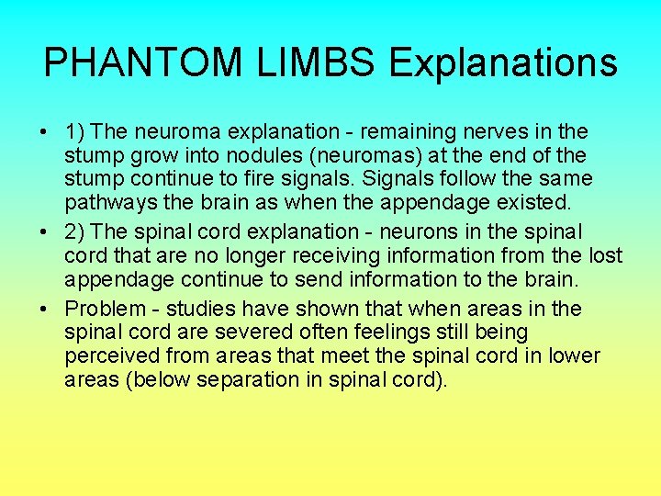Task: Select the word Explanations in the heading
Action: tap(503, 63)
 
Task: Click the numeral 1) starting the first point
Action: tap(76, 132)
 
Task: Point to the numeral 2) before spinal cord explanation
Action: tap(76, 231)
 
